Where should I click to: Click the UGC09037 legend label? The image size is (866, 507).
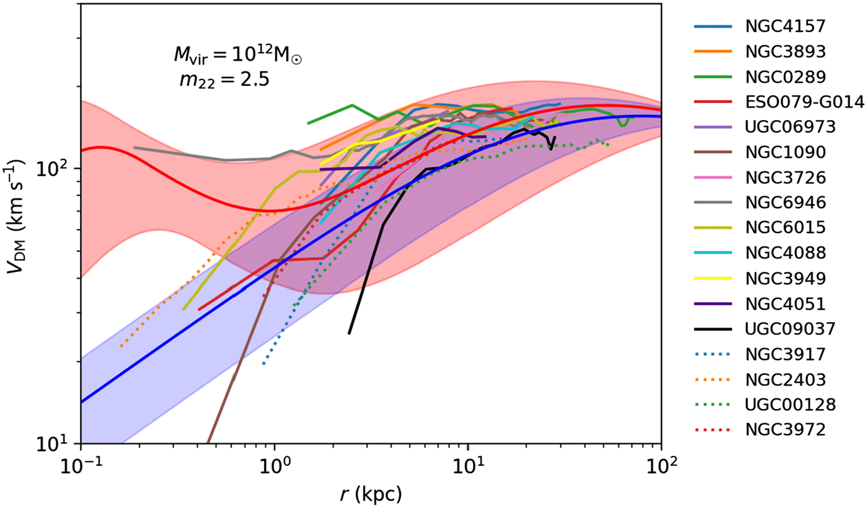coord(782,329)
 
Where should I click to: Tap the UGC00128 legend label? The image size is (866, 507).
coord(782,404)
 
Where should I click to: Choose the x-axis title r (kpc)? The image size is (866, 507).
coord(371,493)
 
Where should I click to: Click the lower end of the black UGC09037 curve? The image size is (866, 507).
coord(349,333)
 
